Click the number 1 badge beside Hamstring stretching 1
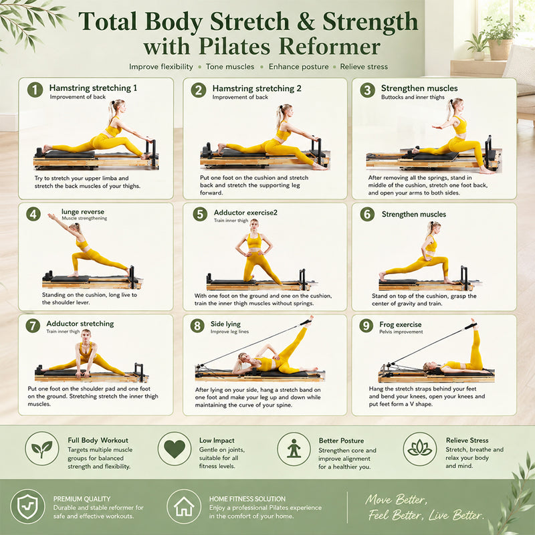(x=35, y=90)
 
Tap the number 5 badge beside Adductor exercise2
(x=200, y=214)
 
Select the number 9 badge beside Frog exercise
(x=366, y=326)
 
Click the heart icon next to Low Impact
(x=175, y=448)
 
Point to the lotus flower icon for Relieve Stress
(x=420, y=449)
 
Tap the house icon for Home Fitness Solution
(x=183, y=506)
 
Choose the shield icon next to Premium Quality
(x=27, y=506)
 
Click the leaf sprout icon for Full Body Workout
(x=42, y=449)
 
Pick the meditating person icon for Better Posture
(x=294, y=448)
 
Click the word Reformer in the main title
(x=330, y=46)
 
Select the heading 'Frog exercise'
(x=400, y=324)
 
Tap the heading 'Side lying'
(x=225, y=324)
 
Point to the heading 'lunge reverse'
(x=83, y=211)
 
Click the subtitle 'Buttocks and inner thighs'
(x=413, y=97)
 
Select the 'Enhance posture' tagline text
(x=298, y=67)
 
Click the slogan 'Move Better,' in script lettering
(x=396, y=500)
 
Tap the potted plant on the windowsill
(x=500, y=39)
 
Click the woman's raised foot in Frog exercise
(x=473, y=323)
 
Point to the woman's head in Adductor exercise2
(x=254, y=223)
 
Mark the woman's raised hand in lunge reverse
(x=51, y=216)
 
